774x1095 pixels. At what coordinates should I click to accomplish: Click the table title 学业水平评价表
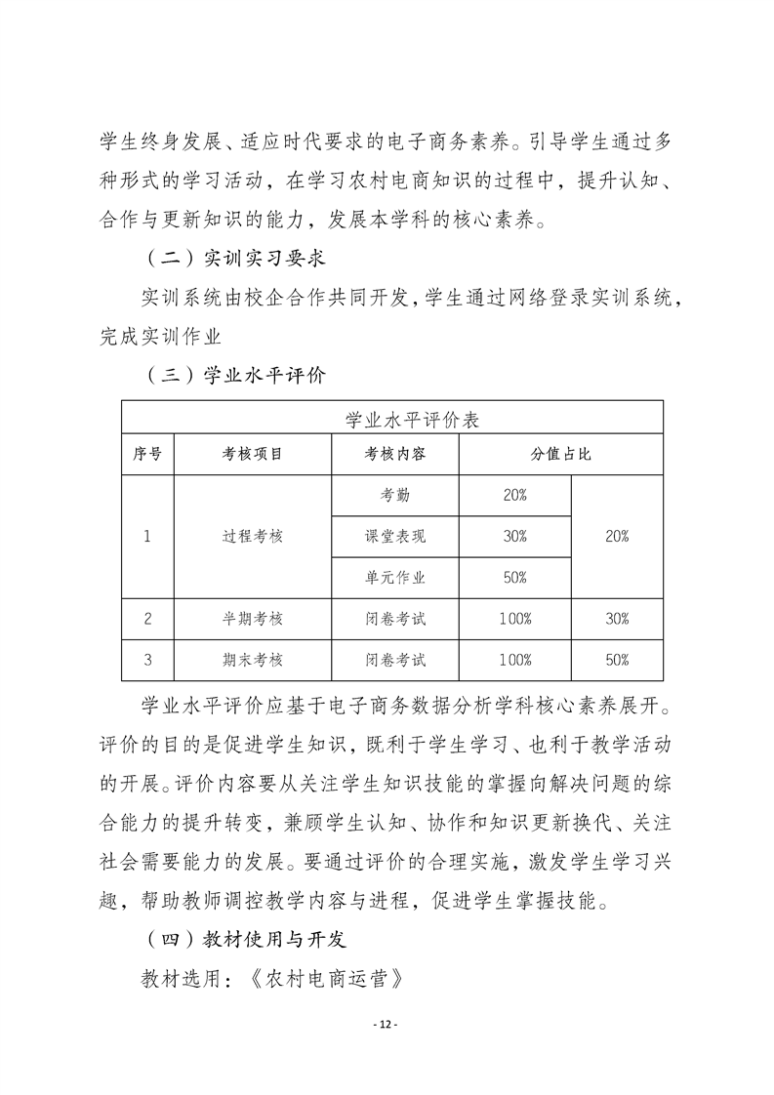coord(394,420)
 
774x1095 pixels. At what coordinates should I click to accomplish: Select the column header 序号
coord(147,455)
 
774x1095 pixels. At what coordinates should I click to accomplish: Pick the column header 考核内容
coord(395,455)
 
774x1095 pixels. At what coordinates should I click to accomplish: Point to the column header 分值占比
coord(561,455)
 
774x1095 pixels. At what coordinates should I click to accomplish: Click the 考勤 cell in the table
coord(395,496)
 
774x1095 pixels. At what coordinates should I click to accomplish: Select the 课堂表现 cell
coord(395,537)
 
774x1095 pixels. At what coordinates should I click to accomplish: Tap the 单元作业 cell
coord(395,578)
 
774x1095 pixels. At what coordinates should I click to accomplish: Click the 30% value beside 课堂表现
coord(514,537)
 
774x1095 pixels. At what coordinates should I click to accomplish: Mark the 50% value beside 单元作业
coord(514,578)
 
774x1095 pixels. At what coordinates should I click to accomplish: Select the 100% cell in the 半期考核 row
coord(514,619)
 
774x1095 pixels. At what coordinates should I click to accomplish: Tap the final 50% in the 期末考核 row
coord(617,660)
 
